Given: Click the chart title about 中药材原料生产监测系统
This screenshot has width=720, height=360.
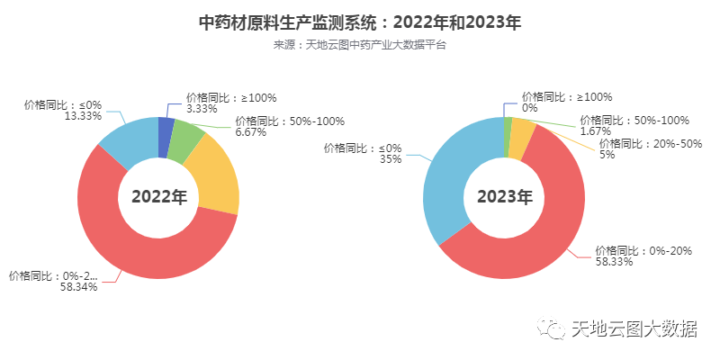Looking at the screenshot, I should coord(360,22).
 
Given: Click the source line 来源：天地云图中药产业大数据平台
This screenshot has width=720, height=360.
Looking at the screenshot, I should coord(360,44).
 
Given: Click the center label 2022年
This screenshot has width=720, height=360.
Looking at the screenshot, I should coord(158,197).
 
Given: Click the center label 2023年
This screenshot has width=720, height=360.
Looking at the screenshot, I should coord(504,197).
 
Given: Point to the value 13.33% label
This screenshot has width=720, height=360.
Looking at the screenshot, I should coord(83,116).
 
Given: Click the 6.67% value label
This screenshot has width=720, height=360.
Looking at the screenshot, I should coord(251,131).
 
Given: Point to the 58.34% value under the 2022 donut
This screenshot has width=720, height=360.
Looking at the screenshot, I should coord(78,287).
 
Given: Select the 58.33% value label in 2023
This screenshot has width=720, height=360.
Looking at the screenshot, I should coord(614,263).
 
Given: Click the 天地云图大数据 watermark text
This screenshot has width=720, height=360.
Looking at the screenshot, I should coord(635,330).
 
